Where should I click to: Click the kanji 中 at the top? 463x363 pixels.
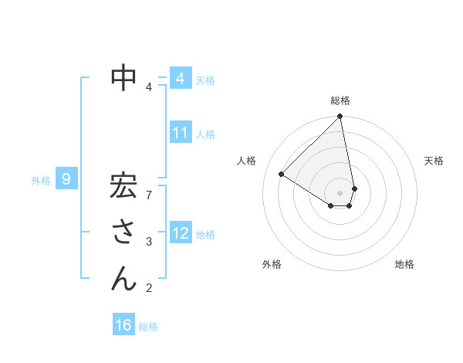(x=124, y=78)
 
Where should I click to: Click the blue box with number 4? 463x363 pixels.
(x=180, y=79)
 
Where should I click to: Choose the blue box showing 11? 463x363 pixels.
(x=180, y=133)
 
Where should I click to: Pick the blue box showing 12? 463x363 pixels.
(x=180, y=232)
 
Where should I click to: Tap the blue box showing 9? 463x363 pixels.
(x=66, y=180)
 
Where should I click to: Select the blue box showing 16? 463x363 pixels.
(x=123, y=325)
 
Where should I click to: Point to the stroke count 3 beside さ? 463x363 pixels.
(x=149, y=242)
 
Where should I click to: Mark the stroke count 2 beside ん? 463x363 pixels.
(x=149, y=289)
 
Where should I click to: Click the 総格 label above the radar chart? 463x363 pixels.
(x=340, y=100)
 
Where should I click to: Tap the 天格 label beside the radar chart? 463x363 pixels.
(x=434, y=161)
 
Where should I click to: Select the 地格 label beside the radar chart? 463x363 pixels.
(x=404, y=264)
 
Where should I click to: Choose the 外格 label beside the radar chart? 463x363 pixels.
(x=272, y=264)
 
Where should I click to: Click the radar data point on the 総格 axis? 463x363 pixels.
(x=340, y=117)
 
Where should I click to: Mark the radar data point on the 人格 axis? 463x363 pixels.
(x=281, y=175)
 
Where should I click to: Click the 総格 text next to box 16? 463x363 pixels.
(x=148, y=327)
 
